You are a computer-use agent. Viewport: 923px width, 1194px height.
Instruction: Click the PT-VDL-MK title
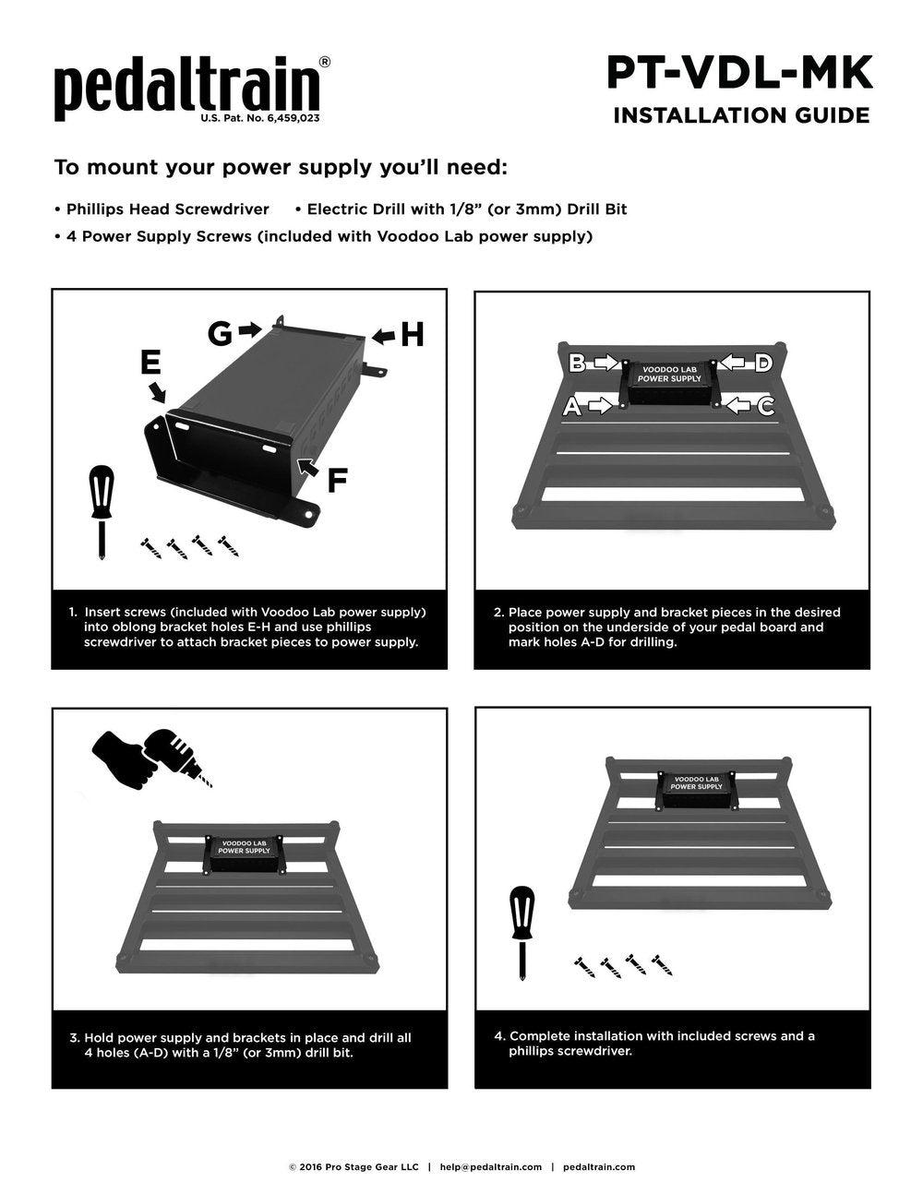pos(739,73)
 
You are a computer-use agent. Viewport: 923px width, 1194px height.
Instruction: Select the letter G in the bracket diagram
pos(220,332)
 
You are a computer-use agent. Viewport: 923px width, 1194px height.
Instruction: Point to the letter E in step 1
pos(150,363)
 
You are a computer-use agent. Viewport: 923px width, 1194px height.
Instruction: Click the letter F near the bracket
pos(338,480)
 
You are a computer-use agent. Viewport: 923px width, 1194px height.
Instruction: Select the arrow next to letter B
pos(605,363)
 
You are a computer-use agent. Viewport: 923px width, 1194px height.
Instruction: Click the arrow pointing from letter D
pos(737,363)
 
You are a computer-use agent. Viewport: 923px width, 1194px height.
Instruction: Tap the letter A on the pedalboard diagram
pos(572,406)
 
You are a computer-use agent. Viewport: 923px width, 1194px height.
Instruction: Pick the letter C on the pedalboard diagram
pos(765,406)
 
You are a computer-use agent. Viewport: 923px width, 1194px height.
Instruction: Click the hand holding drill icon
pos(150,757)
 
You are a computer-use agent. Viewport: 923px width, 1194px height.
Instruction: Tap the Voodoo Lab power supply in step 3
pos(244,854)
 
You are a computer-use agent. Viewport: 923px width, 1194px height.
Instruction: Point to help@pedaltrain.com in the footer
pos(490,1167)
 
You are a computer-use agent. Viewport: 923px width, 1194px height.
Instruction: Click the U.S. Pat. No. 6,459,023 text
pos(261,119)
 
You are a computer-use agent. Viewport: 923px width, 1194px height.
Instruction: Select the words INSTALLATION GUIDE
pos(741,115)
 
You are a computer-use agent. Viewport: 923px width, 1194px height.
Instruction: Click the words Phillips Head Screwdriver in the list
pos(167,209)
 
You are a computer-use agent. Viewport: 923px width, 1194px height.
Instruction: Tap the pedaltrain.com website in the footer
pos(598,1167)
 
